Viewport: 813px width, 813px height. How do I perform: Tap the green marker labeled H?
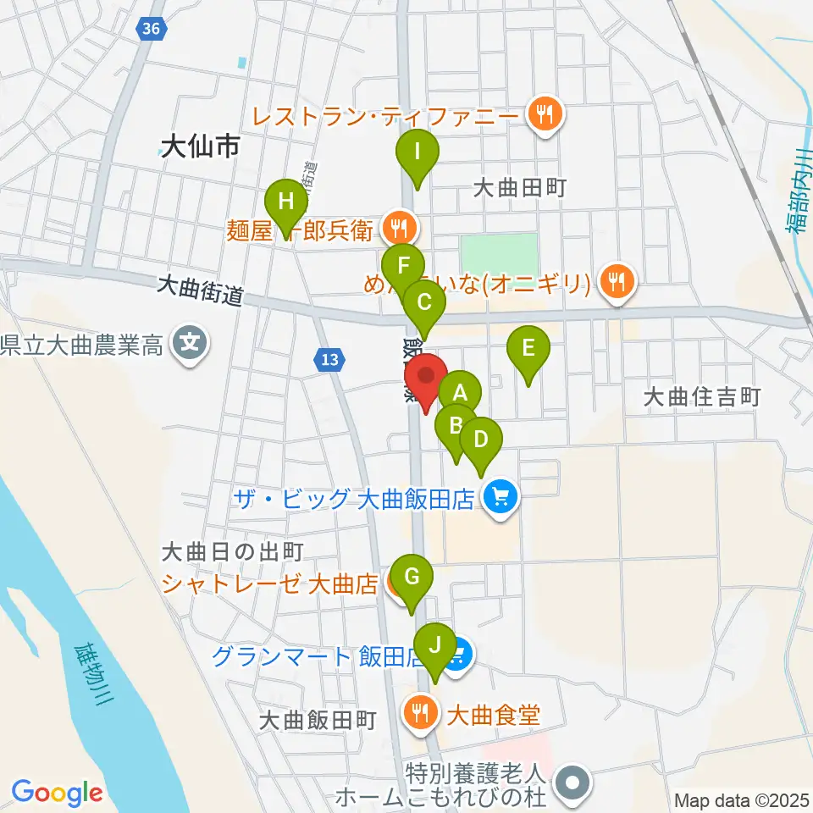pyautogui.click(x=286, y=202)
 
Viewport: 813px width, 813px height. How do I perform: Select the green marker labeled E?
pyautogui.click(x=528, y=347)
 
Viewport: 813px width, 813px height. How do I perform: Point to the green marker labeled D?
pyautogui.click(x=481, y=440)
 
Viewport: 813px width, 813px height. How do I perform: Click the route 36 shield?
pyautogui.click(x=150, y=29)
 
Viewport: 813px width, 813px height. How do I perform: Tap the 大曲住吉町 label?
pyautogui.click(x=704, y=395)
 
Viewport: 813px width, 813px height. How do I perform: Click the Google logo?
pyautogui.click(x=58, y=794)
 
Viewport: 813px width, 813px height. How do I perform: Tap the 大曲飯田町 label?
pyautogui.click(x=318, y=720)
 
